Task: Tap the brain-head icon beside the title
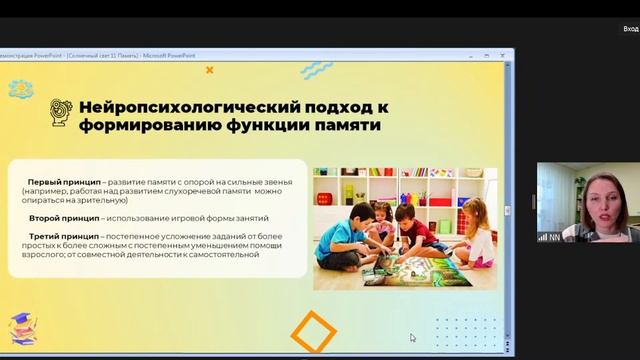(x=60, y=116)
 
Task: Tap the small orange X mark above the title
(x=209, y=70)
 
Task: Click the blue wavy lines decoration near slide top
(x=316, y=70)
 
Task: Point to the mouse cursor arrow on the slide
(x=412, y=338)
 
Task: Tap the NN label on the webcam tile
(x=555, y=237)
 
